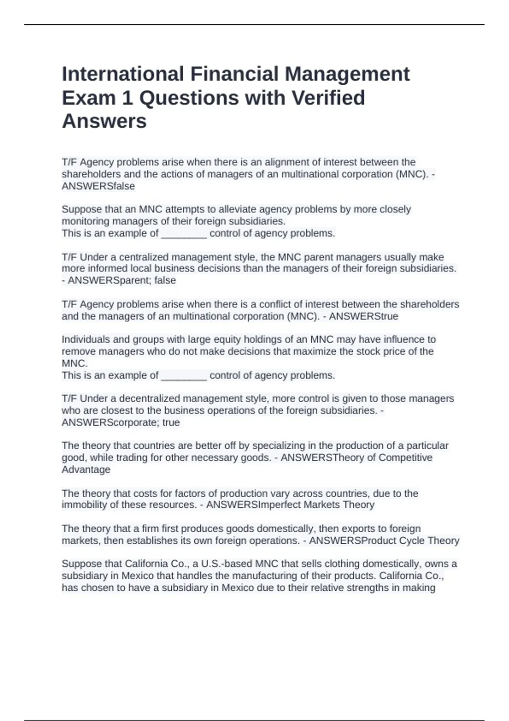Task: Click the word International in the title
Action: pos(123,74)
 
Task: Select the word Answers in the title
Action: pos(104,121)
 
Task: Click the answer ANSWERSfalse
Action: pos(98,186)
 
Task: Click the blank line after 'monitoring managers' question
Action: pos(184,233)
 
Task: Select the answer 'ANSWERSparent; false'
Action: pos(122,280)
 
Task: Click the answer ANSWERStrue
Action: pos(364,316)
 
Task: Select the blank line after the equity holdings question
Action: pos(184,375)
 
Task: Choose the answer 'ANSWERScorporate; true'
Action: pos(121,422)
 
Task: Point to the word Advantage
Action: pos(86,469)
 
